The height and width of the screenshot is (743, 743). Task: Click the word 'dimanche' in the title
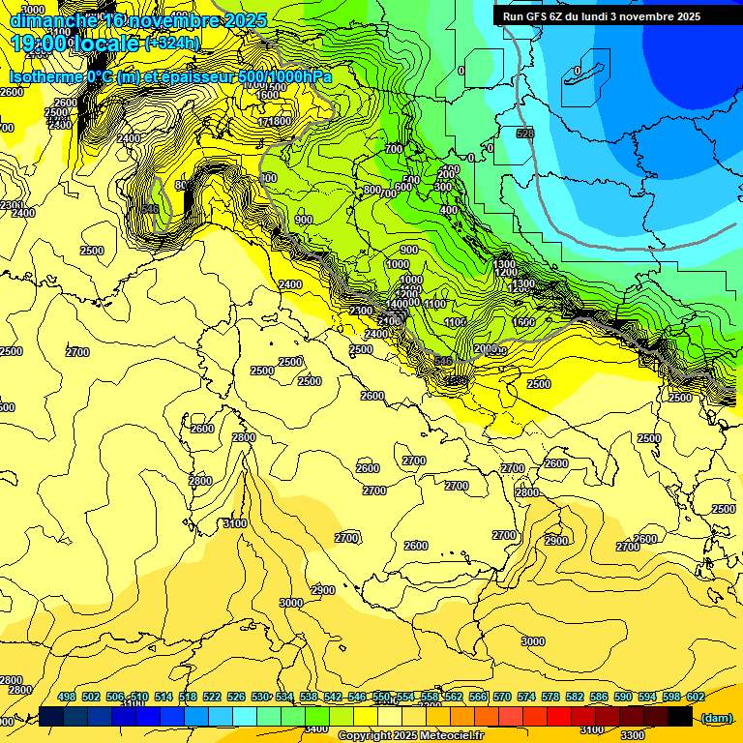(x=52, y=19)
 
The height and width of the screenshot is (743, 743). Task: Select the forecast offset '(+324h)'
(x=172, y=43)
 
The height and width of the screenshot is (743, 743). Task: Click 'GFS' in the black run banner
(x=539, y=16)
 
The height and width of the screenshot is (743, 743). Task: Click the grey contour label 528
(x=525, y=134)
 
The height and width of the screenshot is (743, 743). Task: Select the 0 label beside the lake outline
(x=578, y=71)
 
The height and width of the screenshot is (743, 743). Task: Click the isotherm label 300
(x=443, y=187)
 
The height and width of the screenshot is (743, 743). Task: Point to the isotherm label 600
(x=402, y=187)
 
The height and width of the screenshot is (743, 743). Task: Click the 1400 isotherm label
(x=397, y=304)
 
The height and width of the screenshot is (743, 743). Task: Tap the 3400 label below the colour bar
(x=315, y=728)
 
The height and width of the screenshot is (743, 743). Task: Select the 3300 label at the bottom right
(x=633, y=734)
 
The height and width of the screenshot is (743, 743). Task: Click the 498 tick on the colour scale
(x=67, y=698)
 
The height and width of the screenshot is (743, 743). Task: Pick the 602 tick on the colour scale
(x=695, y=698)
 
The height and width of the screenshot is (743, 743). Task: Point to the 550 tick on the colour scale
(x=381, y=698)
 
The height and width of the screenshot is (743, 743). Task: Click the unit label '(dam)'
(x=717, y=717)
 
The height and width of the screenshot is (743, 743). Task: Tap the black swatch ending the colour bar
(x=680, y=716)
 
